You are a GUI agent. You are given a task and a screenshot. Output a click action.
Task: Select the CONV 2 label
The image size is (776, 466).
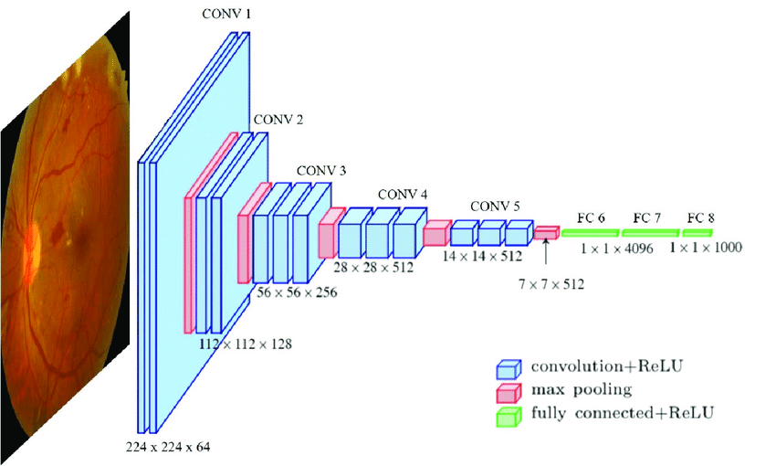coord(278,120)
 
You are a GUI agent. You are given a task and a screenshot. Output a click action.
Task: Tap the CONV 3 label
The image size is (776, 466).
coord(320,170)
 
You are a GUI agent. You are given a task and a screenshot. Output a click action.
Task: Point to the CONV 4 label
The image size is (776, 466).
coord(403,195)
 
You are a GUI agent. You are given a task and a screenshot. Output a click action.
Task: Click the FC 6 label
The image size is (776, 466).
coord(591,218)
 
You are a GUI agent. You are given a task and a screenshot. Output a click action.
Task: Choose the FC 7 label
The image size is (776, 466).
coord(646,218)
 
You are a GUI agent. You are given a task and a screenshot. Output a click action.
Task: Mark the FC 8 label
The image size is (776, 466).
coord(700,218)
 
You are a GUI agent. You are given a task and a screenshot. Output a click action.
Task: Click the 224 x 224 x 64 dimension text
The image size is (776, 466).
coord(172,448)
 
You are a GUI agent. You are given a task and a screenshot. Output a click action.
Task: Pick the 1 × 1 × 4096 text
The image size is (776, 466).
coord(618,248)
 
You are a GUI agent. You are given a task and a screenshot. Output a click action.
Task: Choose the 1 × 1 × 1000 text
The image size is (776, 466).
coord(706,248)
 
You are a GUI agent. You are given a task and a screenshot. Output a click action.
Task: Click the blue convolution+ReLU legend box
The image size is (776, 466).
coord(508,368)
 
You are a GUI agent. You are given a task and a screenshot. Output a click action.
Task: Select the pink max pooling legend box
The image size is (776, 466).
coord(508,391)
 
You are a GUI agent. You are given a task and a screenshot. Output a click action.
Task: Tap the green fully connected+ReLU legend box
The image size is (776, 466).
coord(508,414)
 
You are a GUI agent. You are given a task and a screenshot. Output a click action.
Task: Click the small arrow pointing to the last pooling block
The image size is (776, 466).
coord(546,250)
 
